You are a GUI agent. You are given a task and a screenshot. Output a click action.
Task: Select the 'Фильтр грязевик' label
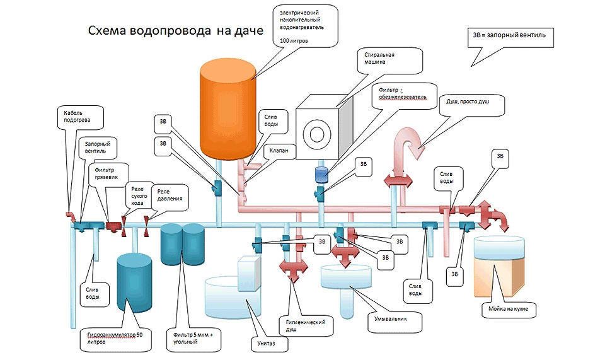[x=107, y=173]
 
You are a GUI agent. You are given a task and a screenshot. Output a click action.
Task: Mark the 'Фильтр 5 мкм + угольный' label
[x=193, y=337]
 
